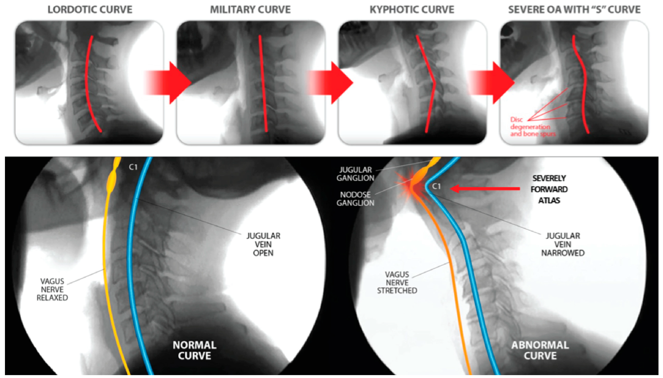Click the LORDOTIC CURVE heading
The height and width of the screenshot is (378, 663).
pyautogui.click(x=90, y=10)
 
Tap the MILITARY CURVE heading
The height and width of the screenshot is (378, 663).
pyautogui.click(x=250, y=10)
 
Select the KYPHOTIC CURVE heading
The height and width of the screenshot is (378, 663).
pyautogui.click(x=412, y=10)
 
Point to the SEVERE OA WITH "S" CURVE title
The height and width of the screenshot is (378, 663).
pyautogui.click(x=574, y=10)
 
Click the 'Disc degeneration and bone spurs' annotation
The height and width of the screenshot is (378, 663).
pyautogui.click(x=532, y=127)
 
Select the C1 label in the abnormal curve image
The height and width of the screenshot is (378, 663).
pyautogui.click(x=436, y=186)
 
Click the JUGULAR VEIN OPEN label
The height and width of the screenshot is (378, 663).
pyautogui.click(x=263, y=244)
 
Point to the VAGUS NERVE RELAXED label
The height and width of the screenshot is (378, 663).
pyautogui.click(x=52, y=289)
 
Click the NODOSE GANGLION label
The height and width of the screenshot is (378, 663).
pyautogui.click(x=355, y=199)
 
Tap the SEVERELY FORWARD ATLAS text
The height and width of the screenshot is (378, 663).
pyautogui.click(x=549, y=189)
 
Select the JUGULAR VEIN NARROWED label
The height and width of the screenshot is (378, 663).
pyautogui.click(x=563, y=244)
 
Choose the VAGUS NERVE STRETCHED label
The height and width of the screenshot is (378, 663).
pyautogui.click(x=397, y=282)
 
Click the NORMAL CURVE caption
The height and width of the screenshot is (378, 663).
pyautogui.click(x=194, y=350)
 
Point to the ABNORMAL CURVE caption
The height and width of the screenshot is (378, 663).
pyautogui.click(x=540, y=350)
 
